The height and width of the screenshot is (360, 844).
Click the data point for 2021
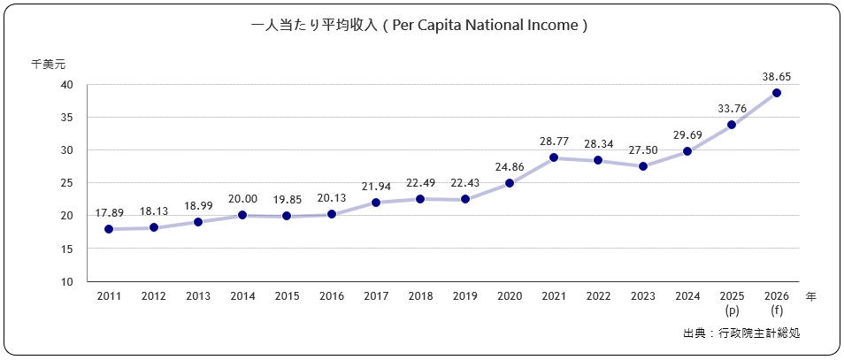(x=554, y=157)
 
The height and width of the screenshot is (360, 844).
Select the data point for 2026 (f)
(x=776, y=93)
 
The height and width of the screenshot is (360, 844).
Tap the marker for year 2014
(x=242, y=215)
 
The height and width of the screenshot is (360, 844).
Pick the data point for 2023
(x=643, y=166)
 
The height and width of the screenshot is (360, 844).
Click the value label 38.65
(x=776, y=77)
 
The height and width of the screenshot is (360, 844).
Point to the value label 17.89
(x=109, y=212)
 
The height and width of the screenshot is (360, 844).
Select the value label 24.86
(x=510, y=166)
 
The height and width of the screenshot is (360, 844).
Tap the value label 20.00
(x=242, y=199)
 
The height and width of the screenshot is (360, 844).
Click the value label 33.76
(x=732, y=109)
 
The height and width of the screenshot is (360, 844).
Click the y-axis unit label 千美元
(x=48, y=64)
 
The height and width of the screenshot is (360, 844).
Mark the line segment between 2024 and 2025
(x=710, y=138)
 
